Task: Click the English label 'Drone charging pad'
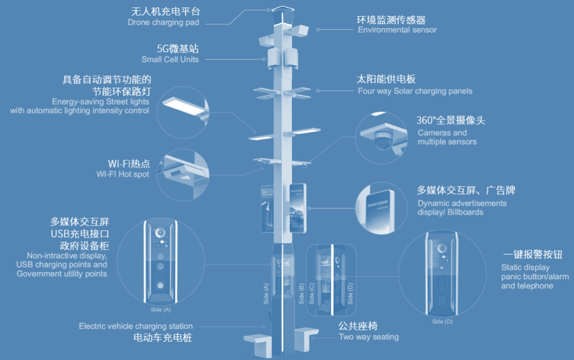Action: (164, 22)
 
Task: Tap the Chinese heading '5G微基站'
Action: (177, 49)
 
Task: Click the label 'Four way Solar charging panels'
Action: (415, 91)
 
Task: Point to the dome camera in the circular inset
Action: (383, 140)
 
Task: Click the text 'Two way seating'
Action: (369, 337)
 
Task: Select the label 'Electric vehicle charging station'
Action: (135, 326)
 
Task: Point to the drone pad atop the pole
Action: (282, 10)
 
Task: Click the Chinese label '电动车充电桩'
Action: (162, 338)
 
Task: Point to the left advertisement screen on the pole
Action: (269, 208)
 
